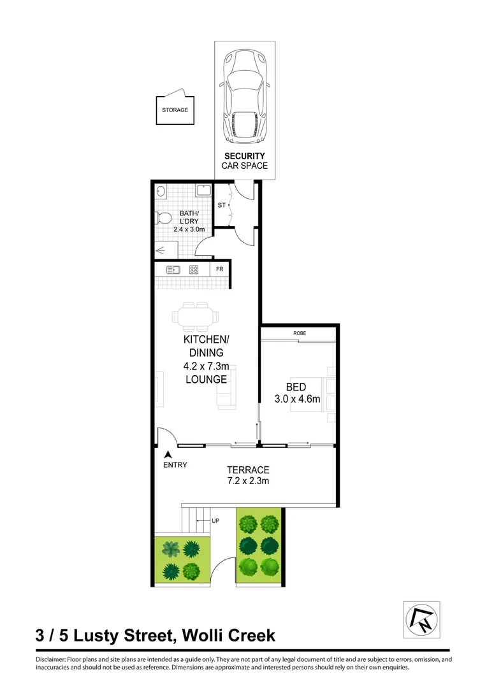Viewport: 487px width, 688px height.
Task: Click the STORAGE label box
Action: coord(175,110)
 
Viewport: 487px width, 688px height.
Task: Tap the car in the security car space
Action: coord(245,97)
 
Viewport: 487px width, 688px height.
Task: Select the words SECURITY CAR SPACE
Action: coord(245,161)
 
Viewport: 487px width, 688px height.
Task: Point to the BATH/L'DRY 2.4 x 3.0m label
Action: coord(189,221)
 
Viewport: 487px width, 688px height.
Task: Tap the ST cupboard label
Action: coord(222,205)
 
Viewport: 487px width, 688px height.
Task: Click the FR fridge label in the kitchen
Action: coord(219,269)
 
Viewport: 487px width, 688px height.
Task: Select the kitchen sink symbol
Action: coord(173,269)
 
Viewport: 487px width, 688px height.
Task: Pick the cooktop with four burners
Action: coord(194,269)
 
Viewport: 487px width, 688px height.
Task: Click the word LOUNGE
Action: coord(206,380)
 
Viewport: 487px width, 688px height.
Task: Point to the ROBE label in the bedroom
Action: coord(300,334)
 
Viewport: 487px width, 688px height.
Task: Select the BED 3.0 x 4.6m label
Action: coord(296,393)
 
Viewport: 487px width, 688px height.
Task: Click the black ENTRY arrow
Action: coord(168,455)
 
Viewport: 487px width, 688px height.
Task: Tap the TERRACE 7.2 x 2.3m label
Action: coord(248,475)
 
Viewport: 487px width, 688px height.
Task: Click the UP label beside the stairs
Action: coord(215,521)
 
